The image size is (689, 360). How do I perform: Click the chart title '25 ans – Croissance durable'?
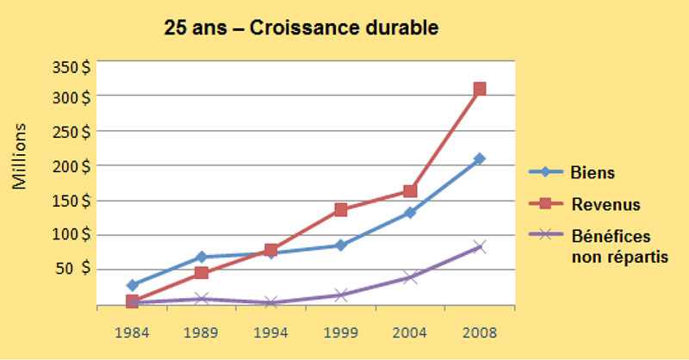(301, 28)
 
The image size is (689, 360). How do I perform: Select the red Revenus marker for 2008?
(480, 89)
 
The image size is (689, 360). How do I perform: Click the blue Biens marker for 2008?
(480, 158)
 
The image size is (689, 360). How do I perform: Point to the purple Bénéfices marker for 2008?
(480, 247)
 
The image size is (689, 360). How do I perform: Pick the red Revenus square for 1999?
(341, 209)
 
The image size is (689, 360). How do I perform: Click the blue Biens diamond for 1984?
(132, 285)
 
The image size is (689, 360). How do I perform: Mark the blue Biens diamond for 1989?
(202, 257)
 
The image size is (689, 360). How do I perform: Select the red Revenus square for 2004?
(410, 191)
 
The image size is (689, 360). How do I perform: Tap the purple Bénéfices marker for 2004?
(410, 277)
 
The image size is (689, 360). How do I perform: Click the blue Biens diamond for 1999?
(341, 245)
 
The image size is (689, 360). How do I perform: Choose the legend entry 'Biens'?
(592, 172)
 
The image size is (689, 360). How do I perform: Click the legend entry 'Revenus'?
(600, 204)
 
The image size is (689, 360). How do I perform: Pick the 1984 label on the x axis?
(132, 332)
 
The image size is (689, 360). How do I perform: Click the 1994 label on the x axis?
(270, 332)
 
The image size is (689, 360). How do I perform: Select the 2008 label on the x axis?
(480, 332)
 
